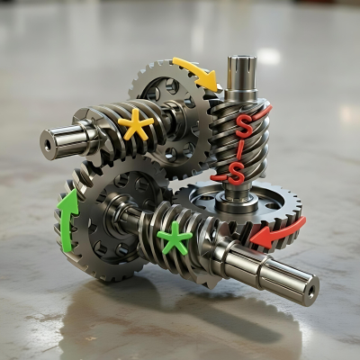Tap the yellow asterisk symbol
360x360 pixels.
136,125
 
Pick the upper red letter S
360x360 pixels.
244,126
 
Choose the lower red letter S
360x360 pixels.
236,173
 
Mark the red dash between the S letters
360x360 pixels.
239,149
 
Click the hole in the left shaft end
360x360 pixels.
48,145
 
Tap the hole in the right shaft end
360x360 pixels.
310,290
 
